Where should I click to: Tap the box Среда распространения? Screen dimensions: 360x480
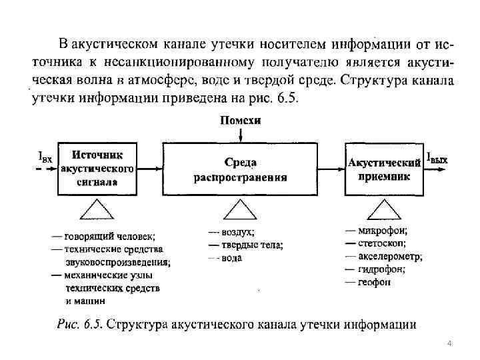[x=240, y=169]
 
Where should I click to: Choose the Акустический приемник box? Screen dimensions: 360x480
[x=383, y=169]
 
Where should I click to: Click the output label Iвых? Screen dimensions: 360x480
[x=437, y=159]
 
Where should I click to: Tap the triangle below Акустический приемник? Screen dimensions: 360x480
[x=383, y=210]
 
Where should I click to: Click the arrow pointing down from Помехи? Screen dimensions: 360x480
[x=240, y=134]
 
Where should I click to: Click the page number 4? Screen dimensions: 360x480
[x=449, y=343]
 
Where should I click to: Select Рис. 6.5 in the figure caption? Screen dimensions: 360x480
[x=79, y=325]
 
